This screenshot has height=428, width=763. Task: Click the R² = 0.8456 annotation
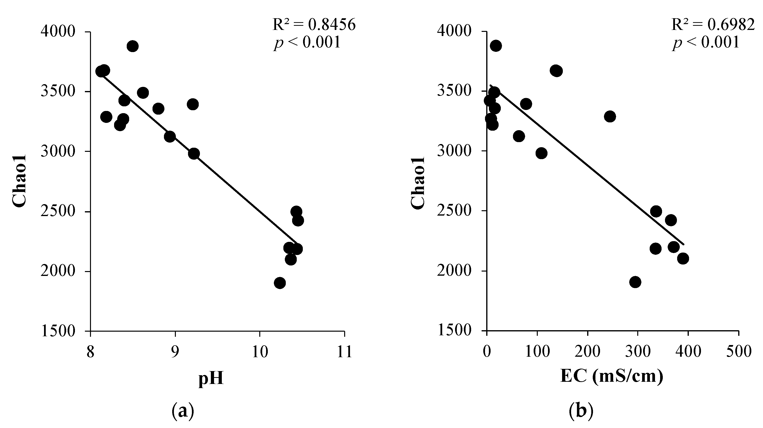[x=314, y=25]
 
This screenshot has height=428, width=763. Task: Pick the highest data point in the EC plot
[x=495, y=46]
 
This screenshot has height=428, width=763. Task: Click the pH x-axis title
[x=211, y=379]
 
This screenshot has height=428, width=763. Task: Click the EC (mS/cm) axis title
[x=612, y=377]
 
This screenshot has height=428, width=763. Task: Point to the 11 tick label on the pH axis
[x=344, y=352]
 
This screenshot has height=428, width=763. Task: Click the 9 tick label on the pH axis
[x=175, y=352]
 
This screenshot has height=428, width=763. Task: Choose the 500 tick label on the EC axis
[x=739, y=352]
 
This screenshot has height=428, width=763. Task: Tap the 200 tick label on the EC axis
[x=587, y=352]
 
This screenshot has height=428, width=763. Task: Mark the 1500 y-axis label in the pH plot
[x=58, y=331]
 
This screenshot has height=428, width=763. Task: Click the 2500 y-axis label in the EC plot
[x=454, y=211]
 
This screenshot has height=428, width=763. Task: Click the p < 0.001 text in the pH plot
[x=307, y=42]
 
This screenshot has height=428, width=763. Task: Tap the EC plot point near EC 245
[x=610, y=117]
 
